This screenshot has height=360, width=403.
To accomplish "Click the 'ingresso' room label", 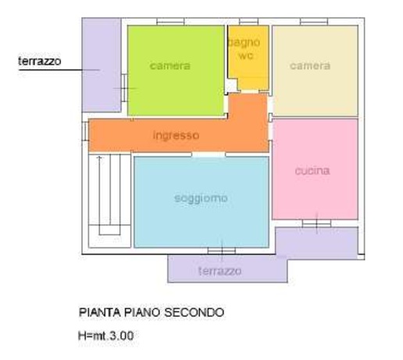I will tap(176, 135).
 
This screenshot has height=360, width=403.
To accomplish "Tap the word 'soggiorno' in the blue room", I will tap(201, 198).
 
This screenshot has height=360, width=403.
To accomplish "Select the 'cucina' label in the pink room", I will tap(312, 170).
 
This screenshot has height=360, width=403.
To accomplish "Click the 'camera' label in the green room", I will tap(170, 66).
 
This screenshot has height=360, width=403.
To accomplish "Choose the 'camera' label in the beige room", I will tap(310, 66).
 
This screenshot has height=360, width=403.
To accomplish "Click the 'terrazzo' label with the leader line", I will tap(39, 61).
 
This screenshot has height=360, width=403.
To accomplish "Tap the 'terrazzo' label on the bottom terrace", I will tap(219, 271).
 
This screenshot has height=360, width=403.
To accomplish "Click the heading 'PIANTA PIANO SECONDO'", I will tap(152, 312).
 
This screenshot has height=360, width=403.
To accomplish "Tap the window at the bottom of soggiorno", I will tap(221, 251).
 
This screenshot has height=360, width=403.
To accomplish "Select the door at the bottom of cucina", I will tap(316, 224).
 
